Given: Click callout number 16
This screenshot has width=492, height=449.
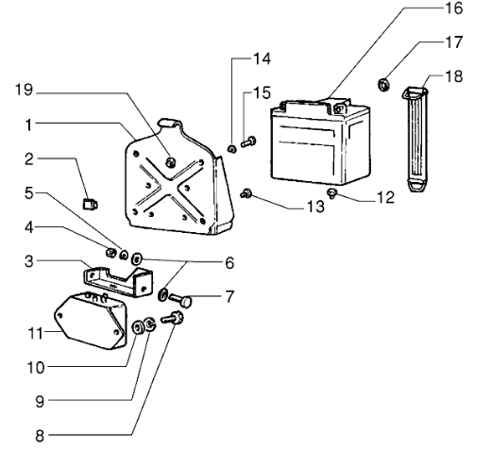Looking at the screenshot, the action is pos(453,8).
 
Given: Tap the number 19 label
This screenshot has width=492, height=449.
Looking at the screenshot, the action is pos(24,90).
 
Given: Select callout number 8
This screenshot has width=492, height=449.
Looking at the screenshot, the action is pos(40,436).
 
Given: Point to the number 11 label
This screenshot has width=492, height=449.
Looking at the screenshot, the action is pos(35,333).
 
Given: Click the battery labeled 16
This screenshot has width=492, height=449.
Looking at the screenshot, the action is pos(320,141).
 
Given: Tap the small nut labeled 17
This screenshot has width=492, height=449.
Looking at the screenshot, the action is pos(383,85).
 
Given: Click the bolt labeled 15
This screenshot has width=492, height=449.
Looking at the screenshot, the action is pos(248,141).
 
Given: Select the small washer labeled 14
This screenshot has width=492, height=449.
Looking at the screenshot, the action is pos(231,149).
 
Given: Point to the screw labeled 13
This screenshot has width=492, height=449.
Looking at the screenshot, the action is pos(246,193).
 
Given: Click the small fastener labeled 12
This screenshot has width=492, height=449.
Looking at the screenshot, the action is pos(332,192).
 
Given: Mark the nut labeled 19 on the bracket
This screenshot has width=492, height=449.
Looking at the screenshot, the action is pos(170,162).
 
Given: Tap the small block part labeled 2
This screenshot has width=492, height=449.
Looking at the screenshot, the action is pos(90,205).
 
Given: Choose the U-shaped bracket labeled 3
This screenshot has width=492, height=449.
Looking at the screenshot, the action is pos(118,281).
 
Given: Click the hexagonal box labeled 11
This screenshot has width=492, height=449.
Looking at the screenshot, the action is pos(91,321).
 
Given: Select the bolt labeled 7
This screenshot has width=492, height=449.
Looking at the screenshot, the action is pos(180,301).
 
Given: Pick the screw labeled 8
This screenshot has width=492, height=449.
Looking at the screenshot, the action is pos(172,317).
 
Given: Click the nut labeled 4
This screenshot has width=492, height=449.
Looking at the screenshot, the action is pos(111,252).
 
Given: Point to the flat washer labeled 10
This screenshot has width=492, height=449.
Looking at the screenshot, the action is pos(138,327).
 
